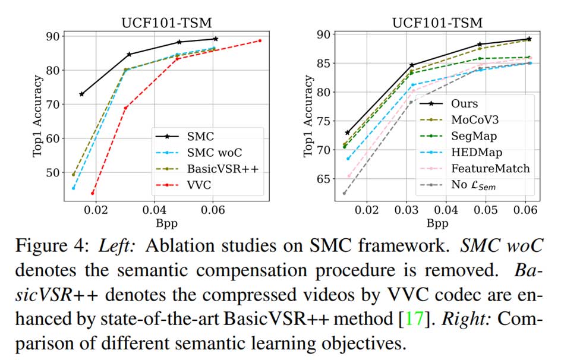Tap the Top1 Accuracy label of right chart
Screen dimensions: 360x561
coord(308,116)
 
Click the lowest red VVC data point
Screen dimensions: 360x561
coord(92,193)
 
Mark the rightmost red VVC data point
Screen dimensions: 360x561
coord(260,40)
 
